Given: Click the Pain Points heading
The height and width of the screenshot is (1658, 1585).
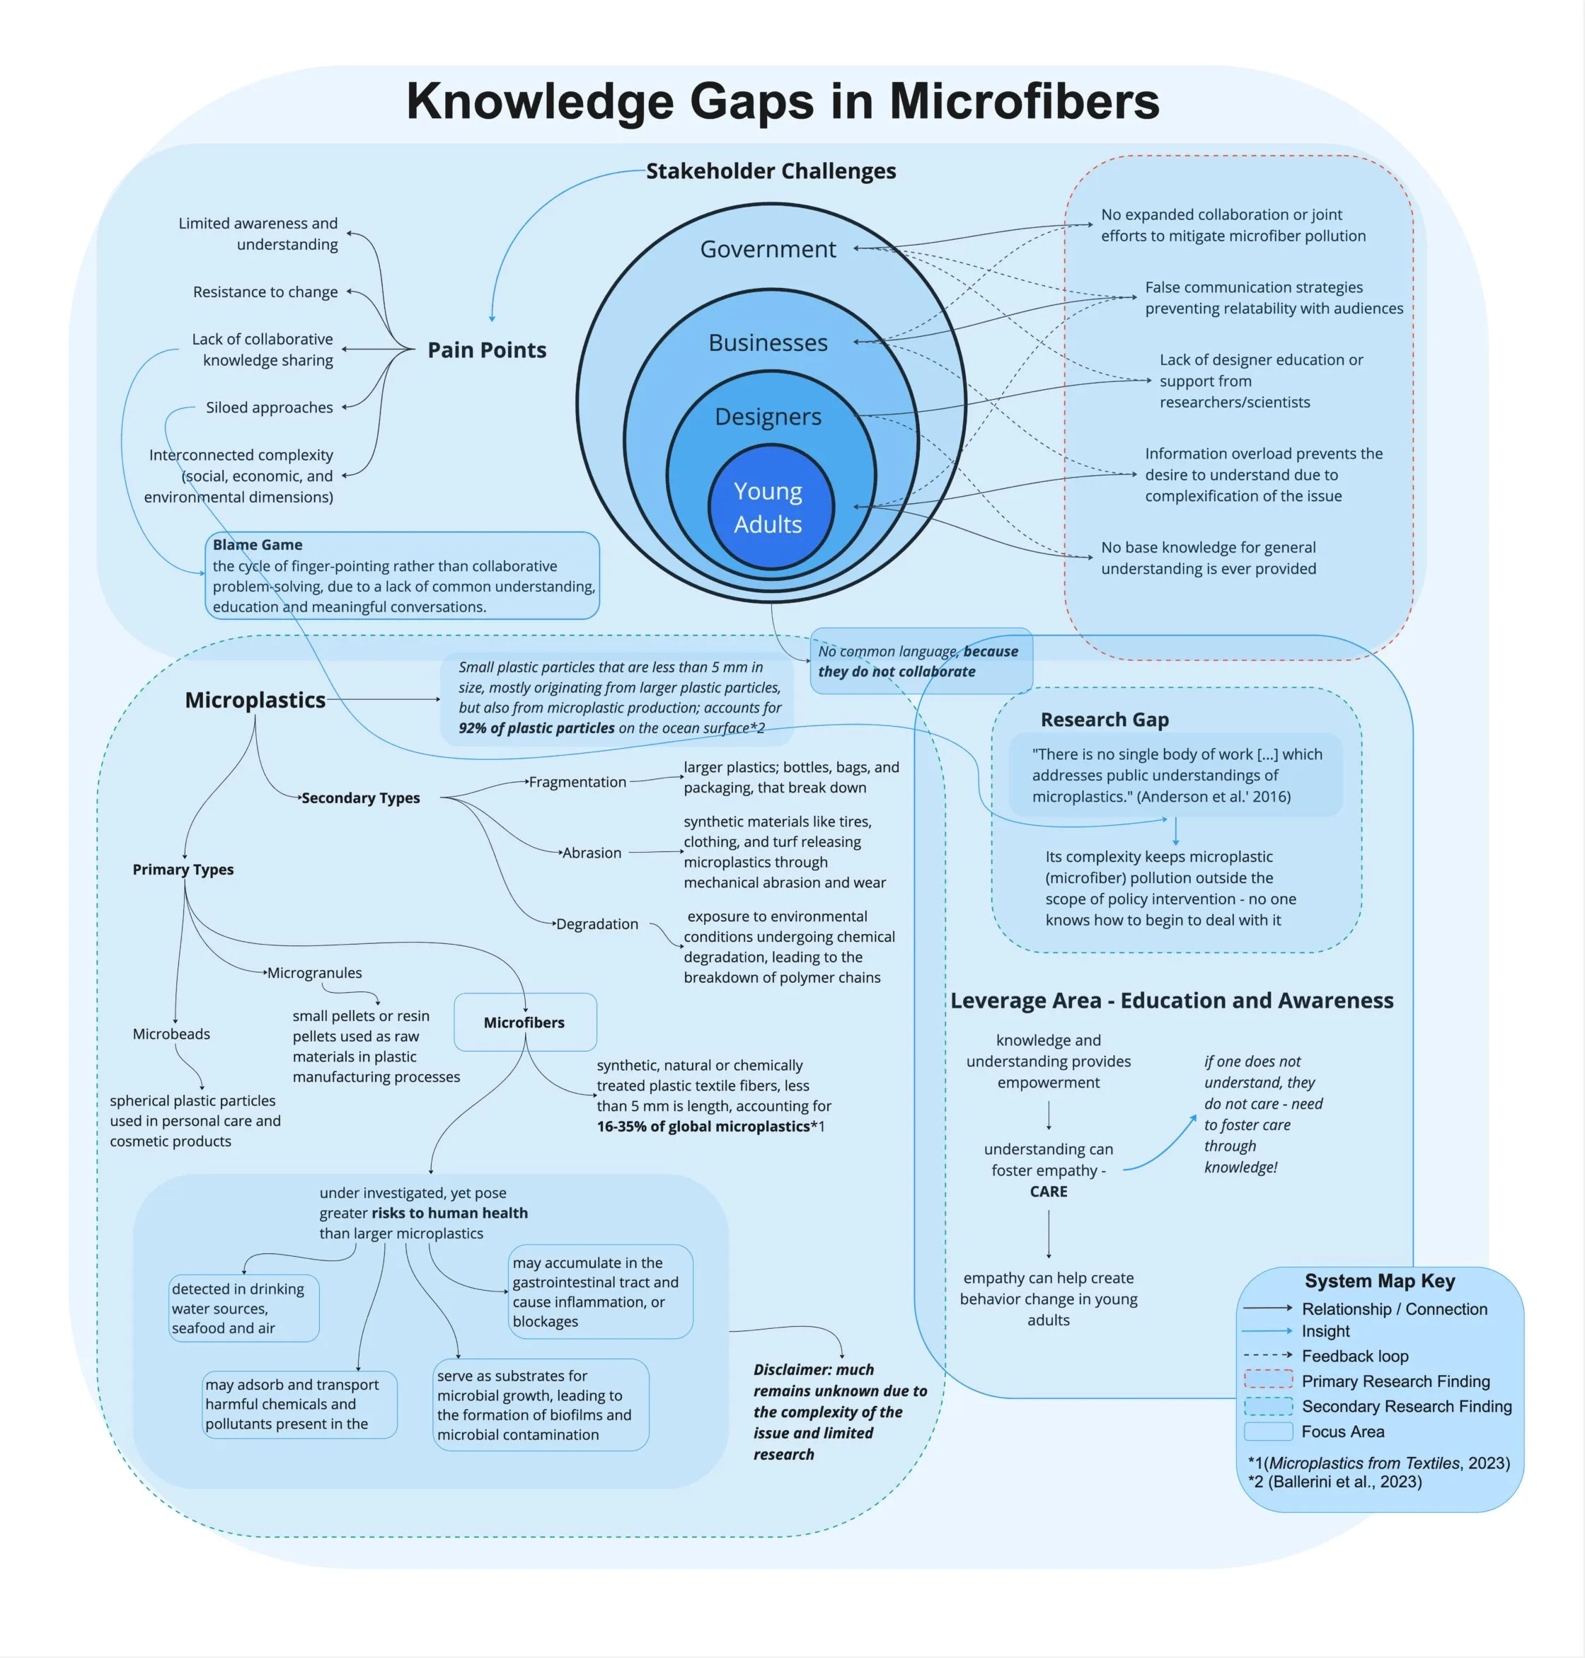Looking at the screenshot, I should [x=487, y=350].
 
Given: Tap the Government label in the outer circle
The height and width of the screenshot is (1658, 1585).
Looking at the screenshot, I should [x=768, y=249].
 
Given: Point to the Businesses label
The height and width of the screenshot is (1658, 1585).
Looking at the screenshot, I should [x=768, y=342].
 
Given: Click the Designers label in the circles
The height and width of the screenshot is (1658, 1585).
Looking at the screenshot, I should [x=768, y=417].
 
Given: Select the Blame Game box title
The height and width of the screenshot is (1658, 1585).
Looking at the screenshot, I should [x=258, y=545].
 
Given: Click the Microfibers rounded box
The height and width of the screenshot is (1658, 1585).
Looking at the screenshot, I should [x=524, y=1023].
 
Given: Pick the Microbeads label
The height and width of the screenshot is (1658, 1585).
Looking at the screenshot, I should [x=171, y=1033].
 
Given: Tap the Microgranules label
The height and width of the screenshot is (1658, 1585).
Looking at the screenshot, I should [x=314, y=973].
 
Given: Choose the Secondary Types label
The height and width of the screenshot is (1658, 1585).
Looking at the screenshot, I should [x=361, y=798].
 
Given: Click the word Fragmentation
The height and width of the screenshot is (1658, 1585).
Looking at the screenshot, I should [x=578, y=782].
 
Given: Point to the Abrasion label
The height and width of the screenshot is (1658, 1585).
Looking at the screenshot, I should [x=592, y=853].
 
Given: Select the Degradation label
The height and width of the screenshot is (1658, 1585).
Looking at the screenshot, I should [x=597, y=923].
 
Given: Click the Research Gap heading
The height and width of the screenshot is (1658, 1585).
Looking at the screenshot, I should [x=1105, y=720].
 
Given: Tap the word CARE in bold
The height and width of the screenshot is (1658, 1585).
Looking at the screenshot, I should [x=1049, y=1192].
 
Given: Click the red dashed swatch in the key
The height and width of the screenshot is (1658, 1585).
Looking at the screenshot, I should [x=1268, y=1381].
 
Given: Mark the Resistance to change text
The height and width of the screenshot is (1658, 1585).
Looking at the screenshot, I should [x=265, y=292].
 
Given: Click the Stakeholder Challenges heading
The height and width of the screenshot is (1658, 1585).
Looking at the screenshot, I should [x=771, y=171].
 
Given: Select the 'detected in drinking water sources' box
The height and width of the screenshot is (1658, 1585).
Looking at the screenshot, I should [x=243, y=1308].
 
